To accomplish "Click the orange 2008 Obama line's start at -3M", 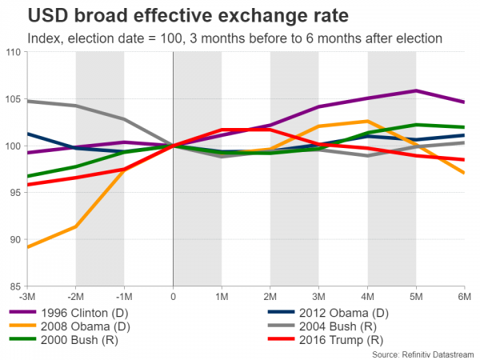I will pyautogui.click(x=28, y=247).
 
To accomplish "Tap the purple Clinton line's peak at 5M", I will pyautogui.click(x=416, y=91).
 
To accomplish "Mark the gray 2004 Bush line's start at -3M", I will pyautogui.click(x=28, y=102).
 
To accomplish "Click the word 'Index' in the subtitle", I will pyautogui.click(x=40, y=38).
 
